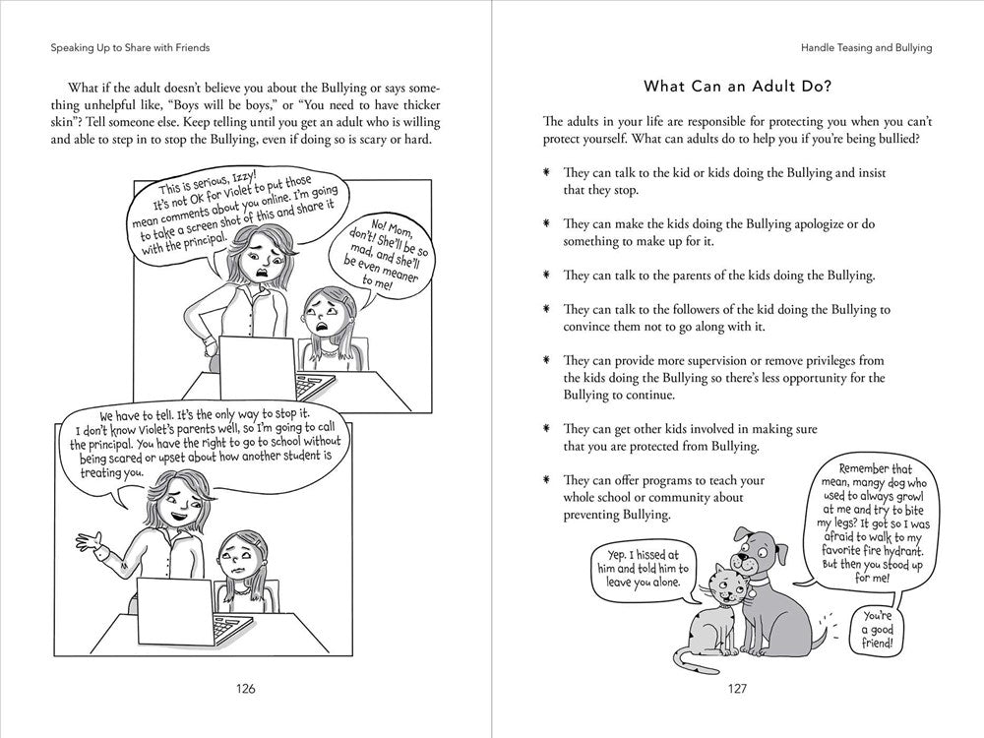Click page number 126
245,689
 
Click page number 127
737,689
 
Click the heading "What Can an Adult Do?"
737,86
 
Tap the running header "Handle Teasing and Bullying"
866,47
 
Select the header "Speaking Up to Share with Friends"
130,47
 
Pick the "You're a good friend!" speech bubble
877,630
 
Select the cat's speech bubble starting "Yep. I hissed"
644,570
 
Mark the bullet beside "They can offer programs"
547,480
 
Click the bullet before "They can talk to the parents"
547,275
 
